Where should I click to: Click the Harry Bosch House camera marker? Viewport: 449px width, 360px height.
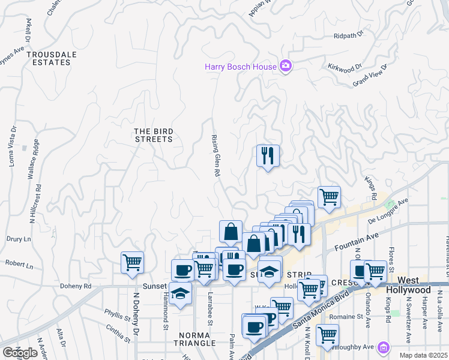286,67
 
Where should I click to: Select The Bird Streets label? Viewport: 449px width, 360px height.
153,135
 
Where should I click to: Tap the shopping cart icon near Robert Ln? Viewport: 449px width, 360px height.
131,262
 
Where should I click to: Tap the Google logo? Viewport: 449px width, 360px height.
20,352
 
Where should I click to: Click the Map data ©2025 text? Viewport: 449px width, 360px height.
423,355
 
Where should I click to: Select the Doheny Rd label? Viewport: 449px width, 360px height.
76,286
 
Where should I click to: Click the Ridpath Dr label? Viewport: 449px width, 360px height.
349,36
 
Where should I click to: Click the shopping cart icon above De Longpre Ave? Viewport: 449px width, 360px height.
329,197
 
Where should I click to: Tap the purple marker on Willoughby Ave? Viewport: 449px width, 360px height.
384,347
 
